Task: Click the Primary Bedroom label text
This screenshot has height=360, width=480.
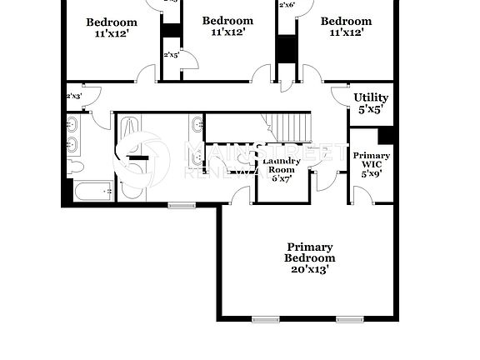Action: click(309, 252)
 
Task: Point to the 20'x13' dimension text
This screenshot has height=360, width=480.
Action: click(309, 269)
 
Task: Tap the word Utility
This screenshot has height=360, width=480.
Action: click(370, 97)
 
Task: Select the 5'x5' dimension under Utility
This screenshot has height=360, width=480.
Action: click(370, 109)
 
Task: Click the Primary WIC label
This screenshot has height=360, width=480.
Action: click(371, 161)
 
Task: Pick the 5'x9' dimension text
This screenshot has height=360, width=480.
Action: click(371, 174)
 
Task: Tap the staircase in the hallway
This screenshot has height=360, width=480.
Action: click(292, 127)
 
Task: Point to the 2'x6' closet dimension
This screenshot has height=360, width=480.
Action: click(287, 5)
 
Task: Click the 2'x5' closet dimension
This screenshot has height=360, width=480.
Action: click(172, 55)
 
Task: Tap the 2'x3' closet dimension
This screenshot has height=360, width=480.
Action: click(73, 96)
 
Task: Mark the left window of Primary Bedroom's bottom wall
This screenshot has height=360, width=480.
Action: click(264, 319)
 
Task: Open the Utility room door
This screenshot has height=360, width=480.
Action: click(341, 95)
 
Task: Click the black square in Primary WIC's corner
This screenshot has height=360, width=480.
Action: click(385, 135)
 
